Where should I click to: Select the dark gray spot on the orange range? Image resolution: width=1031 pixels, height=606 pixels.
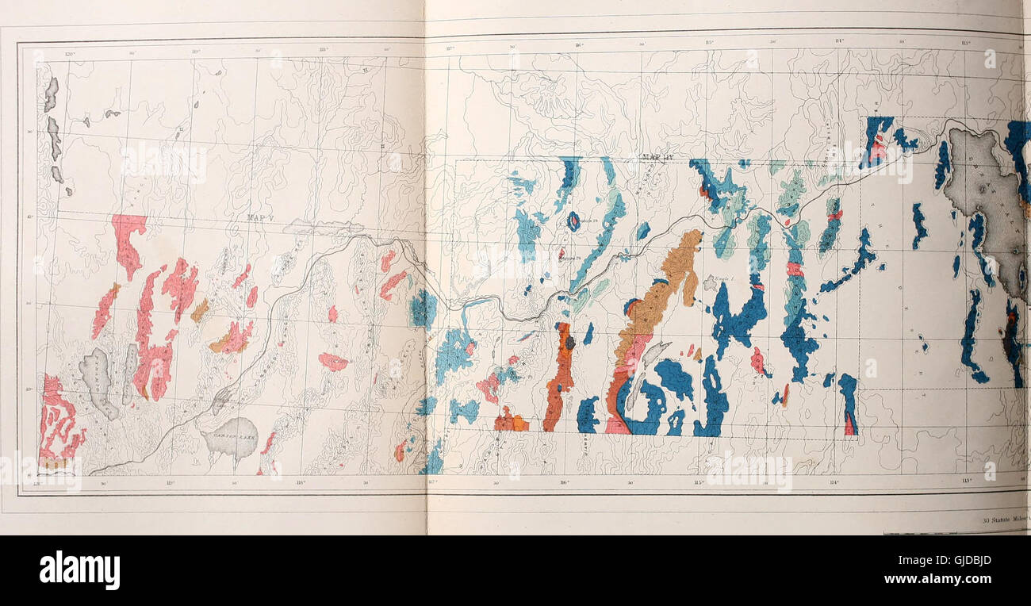569,342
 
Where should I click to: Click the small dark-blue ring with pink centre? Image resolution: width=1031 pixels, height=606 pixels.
573,221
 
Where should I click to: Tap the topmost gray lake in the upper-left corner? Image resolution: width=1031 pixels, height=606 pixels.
51,94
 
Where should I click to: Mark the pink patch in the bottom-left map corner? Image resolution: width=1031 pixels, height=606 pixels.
57,420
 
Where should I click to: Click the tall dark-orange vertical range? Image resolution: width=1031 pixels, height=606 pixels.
559,377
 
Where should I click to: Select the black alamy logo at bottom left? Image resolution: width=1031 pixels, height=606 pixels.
79,570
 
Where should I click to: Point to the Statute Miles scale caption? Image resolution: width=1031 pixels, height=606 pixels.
1004,520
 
